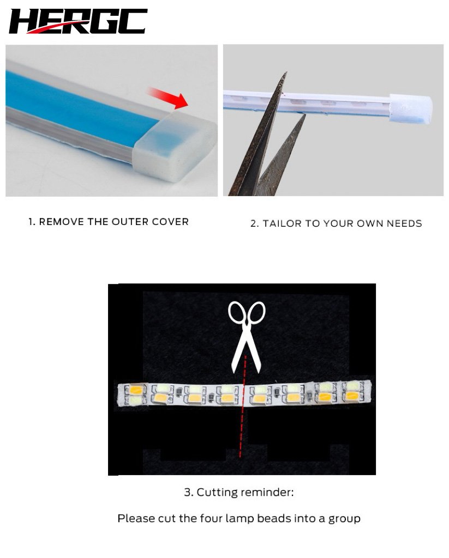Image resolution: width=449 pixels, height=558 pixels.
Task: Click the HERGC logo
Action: tap(78, 21)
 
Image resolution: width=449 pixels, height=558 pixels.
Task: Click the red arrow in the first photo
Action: tap(167, 98)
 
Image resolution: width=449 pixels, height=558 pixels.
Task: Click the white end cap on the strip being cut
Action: tap(411, 108)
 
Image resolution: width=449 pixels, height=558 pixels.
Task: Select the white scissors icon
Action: tap(247, 337)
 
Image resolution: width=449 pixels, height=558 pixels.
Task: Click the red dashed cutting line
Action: tap(243, 406)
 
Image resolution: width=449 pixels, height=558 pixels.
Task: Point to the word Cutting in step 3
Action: tap(217, 493)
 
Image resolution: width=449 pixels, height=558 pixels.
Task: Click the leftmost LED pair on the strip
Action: tap(135, 395)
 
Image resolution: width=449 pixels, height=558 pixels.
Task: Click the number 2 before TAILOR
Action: tap(254, 223)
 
